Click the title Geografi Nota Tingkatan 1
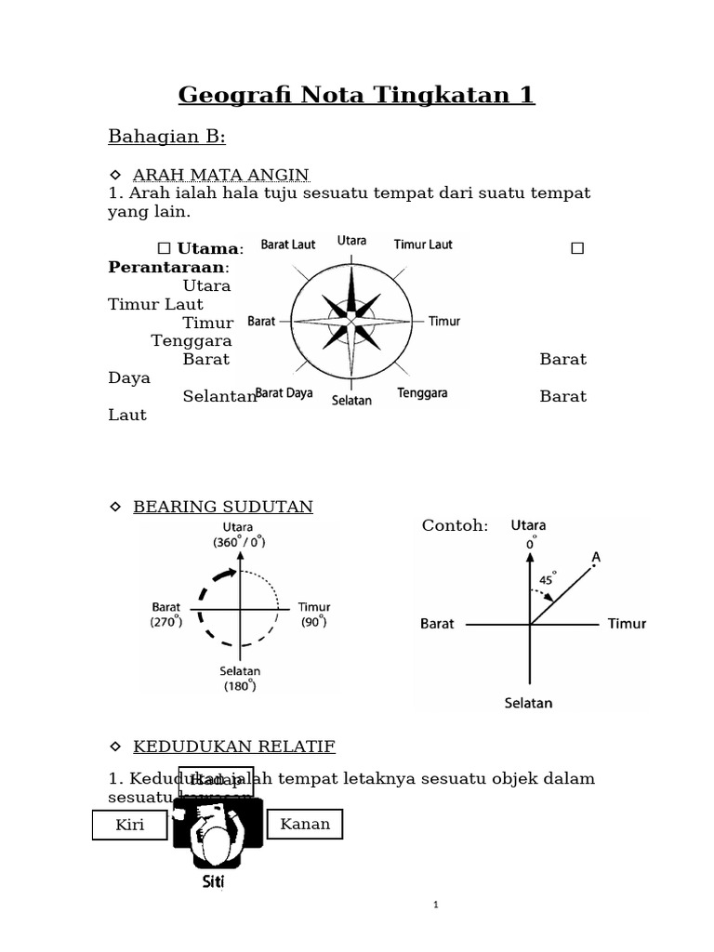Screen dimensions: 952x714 (x=356, y=95)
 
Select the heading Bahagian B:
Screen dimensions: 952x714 (x=167, y=137)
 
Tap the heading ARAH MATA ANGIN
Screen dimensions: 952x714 (x=220, y=175)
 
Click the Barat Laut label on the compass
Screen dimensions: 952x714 (x=287, y=245)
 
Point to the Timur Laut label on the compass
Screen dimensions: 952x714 (x=423, y=245)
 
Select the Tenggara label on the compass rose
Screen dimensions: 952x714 (x=423, y=393)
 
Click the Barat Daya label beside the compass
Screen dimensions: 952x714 (x=284, y=393)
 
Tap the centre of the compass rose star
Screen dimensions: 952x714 (x=351, y=321)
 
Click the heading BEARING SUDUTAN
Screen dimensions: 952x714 (x=223, y=507)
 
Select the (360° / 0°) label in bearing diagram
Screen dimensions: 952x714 (x=239, y=542)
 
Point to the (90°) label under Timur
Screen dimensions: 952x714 (x=314, y=622)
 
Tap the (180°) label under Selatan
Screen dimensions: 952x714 (x=239, y=686)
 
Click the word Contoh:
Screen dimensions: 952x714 (x=455, y=526)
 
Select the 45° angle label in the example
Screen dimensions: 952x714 (x=547, y=577)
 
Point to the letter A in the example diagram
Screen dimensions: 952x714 (x=596, y=557)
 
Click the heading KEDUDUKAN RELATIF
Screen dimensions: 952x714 (x=233, y=747)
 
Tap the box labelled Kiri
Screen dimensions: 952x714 (x=129, y=825)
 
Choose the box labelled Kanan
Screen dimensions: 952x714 (x=305, y=824)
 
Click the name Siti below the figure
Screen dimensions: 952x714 (x=214, y=882)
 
